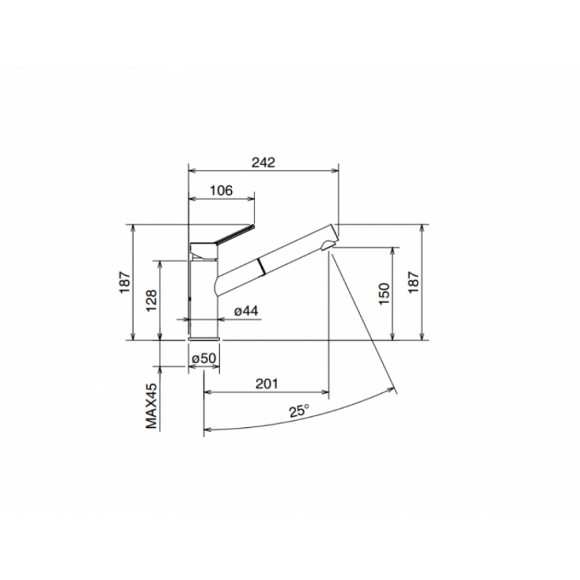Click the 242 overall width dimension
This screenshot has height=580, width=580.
point(263,162)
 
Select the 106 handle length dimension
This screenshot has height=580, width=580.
point(220,190)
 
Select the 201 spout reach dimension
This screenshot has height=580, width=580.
point(266,384)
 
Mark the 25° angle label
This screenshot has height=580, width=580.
point(298,411)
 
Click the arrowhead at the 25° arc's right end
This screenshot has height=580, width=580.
point(394,390)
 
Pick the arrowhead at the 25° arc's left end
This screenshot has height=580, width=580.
point(206,429)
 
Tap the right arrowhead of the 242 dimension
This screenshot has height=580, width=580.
point(336,171)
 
